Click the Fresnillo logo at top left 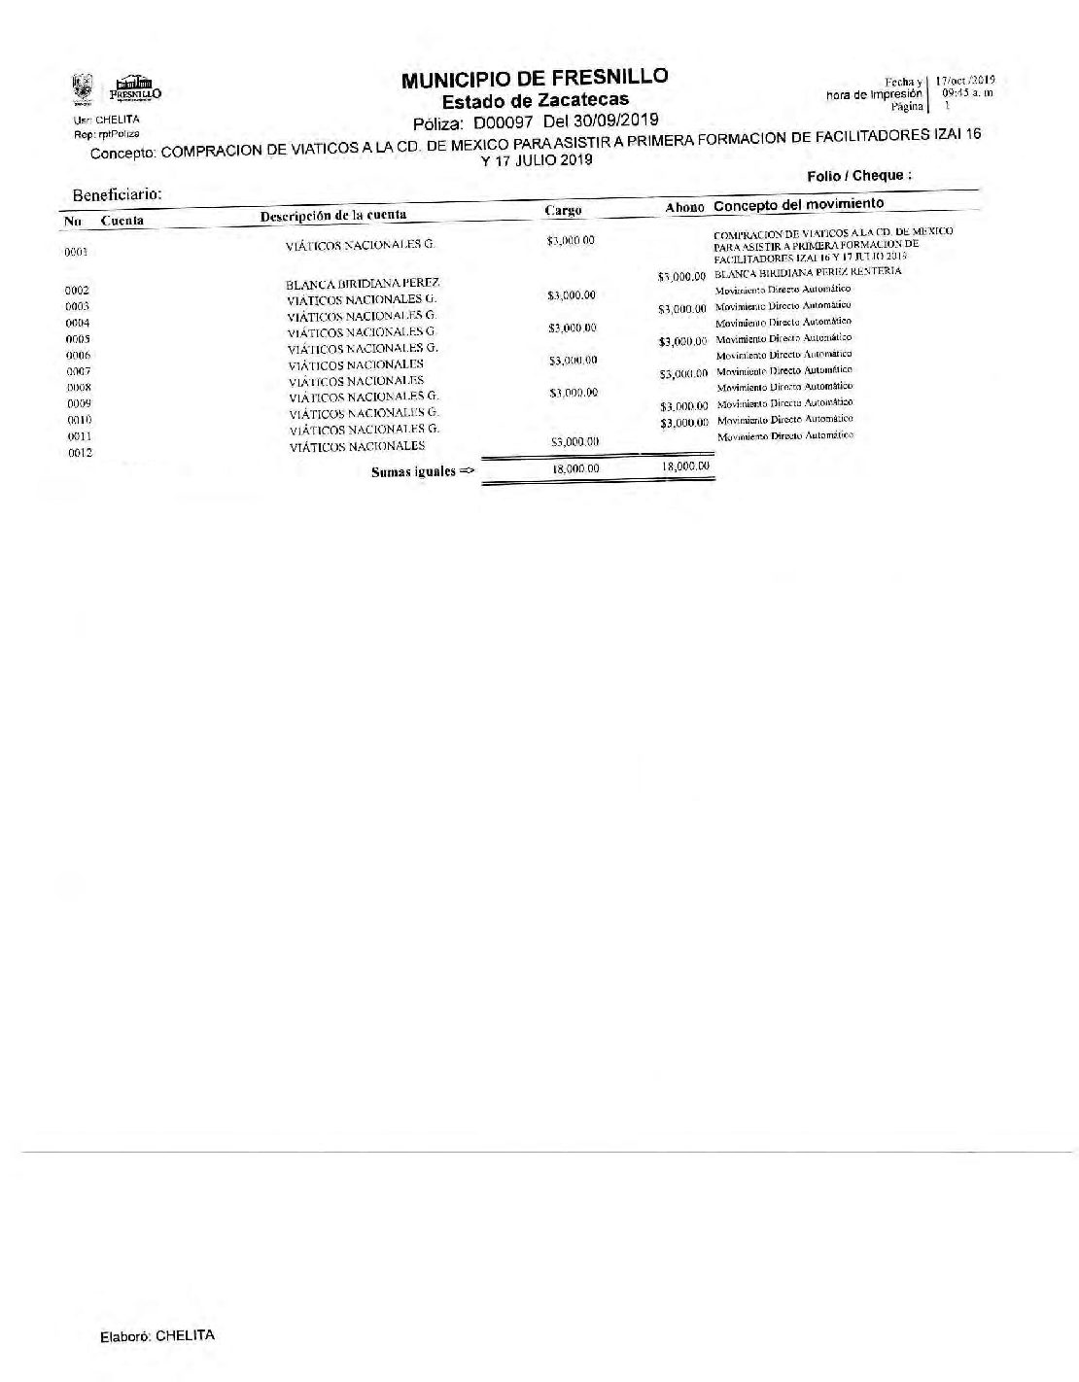point(135,90)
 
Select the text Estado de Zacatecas point(535,100)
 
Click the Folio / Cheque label point(859,176)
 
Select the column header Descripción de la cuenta point(332,215)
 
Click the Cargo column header point(563,210)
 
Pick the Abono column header point(684,208)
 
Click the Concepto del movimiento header point(798,204)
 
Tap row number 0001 point(77,252)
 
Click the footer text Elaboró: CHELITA point(157,1335)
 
